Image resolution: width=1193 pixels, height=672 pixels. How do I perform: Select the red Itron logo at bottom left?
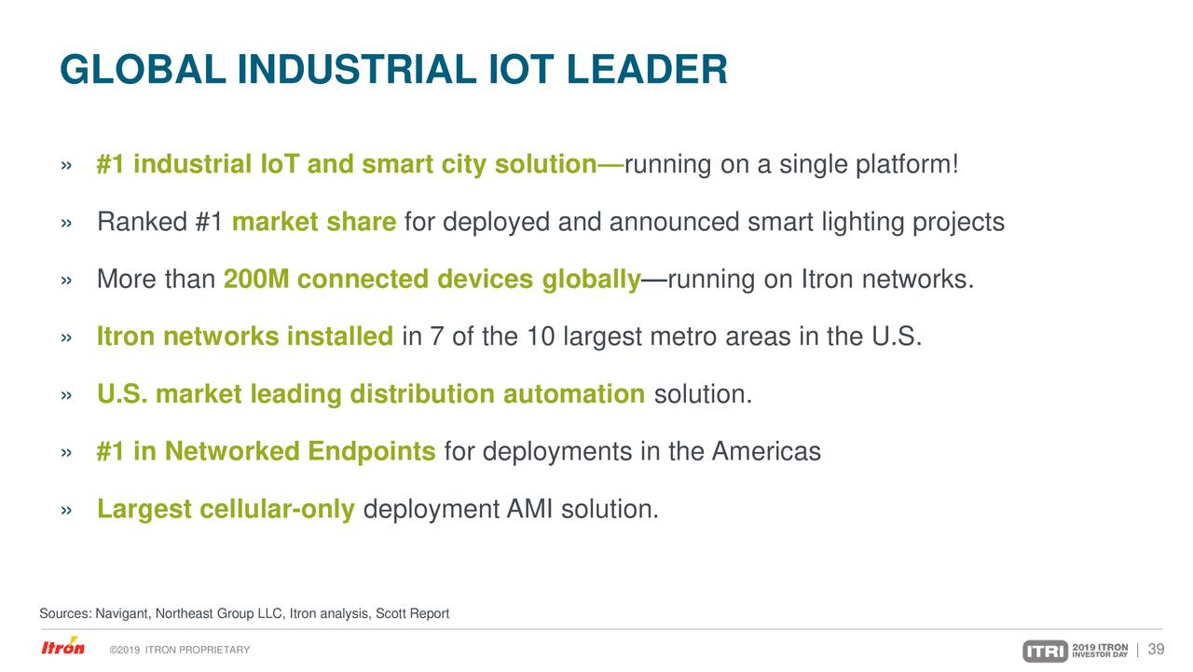point(62,648)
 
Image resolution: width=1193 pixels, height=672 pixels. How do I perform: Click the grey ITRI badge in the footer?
point(1045,651)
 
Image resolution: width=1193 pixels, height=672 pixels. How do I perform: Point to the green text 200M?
point(256,281)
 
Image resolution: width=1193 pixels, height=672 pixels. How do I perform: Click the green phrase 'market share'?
point(314,223)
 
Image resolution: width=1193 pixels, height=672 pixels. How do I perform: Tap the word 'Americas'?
point(766,452)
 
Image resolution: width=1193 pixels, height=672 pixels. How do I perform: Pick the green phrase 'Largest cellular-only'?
point(226,510)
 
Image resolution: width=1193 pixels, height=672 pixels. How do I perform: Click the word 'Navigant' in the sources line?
point(123,613)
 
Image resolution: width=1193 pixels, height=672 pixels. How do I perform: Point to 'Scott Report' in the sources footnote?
point(414,613)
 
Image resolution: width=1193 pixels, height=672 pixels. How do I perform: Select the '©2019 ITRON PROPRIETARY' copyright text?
point(179,650)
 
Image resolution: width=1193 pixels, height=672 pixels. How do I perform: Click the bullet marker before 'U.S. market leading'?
point(65,395)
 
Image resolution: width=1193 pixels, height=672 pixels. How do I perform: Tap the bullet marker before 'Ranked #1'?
point(65,224)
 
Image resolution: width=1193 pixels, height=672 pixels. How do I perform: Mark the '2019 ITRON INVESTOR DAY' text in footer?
point(1100,650)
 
